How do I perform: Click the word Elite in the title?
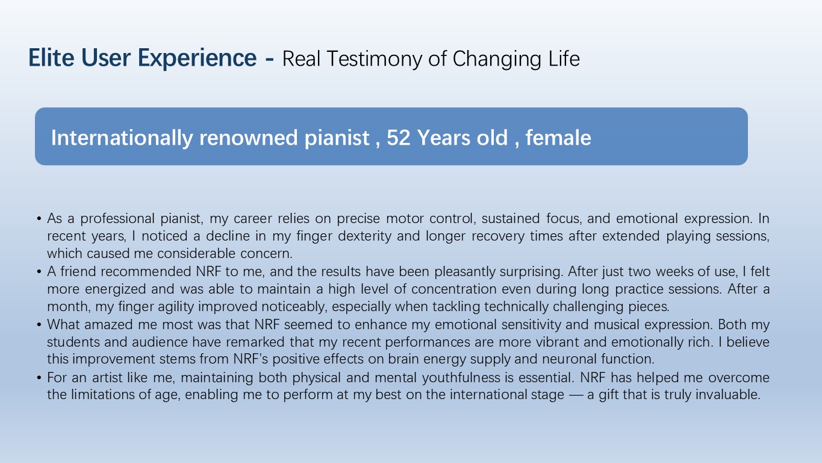coord(51,58)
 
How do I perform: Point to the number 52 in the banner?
coord(398,138)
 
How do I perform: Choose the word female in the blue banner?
coord(558,137)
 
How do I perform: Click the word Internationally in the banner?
coord(122,138)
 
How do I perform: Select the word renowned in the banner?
coord(248,138)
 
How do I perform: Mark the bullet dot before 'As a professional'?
coord(39,219)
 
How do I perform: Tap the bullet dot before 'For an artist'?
coord(39,378)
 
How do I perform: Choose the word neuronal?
coord(569,359)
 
